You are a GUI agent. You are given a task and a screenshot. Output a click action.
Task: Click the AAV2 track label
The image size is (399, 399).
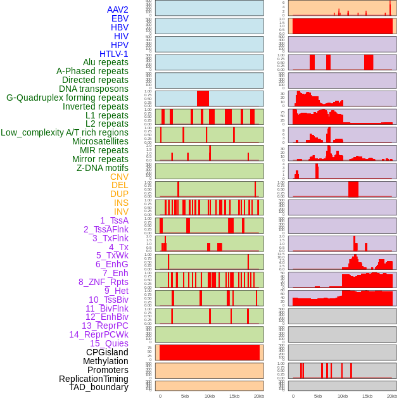click(118, 9)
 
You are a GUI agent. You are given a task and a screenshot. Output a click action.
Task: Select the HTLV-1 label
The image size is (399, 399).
click(114, 54)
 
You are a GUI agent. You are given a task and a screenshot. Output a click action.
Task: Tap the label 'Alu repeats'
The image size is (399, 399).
click(106, 63)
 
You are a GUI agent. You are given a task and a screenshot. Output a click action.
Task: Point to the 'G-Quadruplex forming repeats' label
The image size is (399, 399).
click(67, 98)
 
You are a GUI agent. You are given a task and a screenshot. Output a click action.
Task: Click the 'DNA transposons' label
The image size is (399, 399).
click(94, 89)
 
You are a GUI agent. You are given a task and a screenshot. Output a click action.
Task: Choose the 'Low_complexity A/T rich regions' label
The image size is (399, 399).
click(65, 133)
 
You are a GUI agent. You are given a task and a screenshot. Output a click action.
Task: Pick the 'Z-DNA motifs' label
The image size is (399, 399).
click(103, 168)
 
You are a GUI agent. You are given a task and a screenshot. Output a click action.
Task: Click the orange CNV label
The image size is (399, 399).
click(119, 177)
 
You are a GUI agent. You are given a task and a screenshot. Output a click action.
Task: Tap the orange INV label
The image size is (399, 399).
click(121, 212)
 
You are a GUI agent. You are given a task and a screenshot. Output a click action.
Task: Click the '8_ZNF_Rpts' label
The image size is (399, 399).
click(103, 282)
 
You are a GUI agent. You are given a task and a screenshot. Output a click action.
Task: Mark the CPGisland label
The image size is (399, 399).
click(107, 352)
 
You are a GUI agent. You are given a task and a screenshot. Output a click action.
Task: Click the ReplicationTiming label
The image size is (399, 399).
click(93, 379)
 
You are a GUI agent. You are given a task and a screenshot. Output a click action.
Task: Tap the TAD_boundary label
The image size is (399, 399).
click(99, 387)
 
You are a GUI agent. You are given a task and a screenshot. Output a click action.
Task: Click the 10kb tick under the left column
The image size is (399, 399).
click(210, 396)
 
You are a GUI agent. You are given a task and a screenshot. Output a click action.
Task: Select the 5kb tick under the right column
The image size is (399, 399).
click(318, 396)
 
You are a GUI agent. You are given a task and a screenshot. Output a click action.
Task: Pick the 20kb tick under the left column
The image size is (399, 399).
click(259, 396)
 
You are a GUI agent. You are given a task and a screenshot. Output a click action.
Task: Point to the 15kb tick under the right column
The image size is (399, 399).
click(367, 396)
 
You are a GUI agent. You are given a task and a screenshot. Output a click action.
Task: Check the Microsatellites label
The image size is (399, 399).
click(100, 141)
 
